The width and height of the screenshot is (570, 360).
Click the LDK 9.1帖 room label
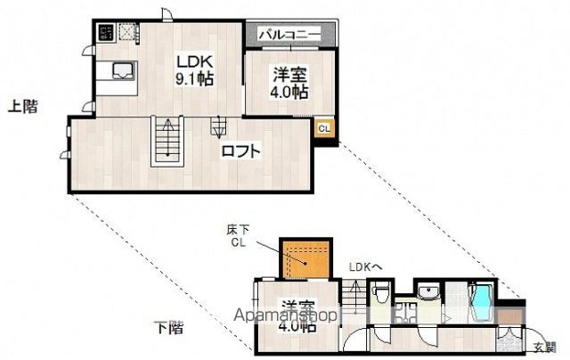coord(192,70)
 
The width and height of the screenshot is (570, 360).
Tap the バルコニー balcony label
coord(289,34)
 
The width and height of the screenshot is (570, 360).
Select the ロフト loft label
coord(241,151)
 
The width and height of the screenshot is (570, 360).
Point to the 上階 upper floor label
coord(24,107)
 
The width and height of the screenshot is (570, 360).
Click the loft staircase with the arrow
coord(167,140)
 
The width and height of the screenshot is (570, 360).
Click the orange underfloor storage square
coord(306,258)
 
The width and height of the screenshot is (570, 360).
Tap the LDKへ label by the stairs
coord(364,266)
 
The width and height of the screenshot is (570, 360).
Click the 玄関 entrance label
coord(544,347)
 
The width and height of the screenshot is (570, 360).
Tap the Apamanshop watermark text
coord(286,315)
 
